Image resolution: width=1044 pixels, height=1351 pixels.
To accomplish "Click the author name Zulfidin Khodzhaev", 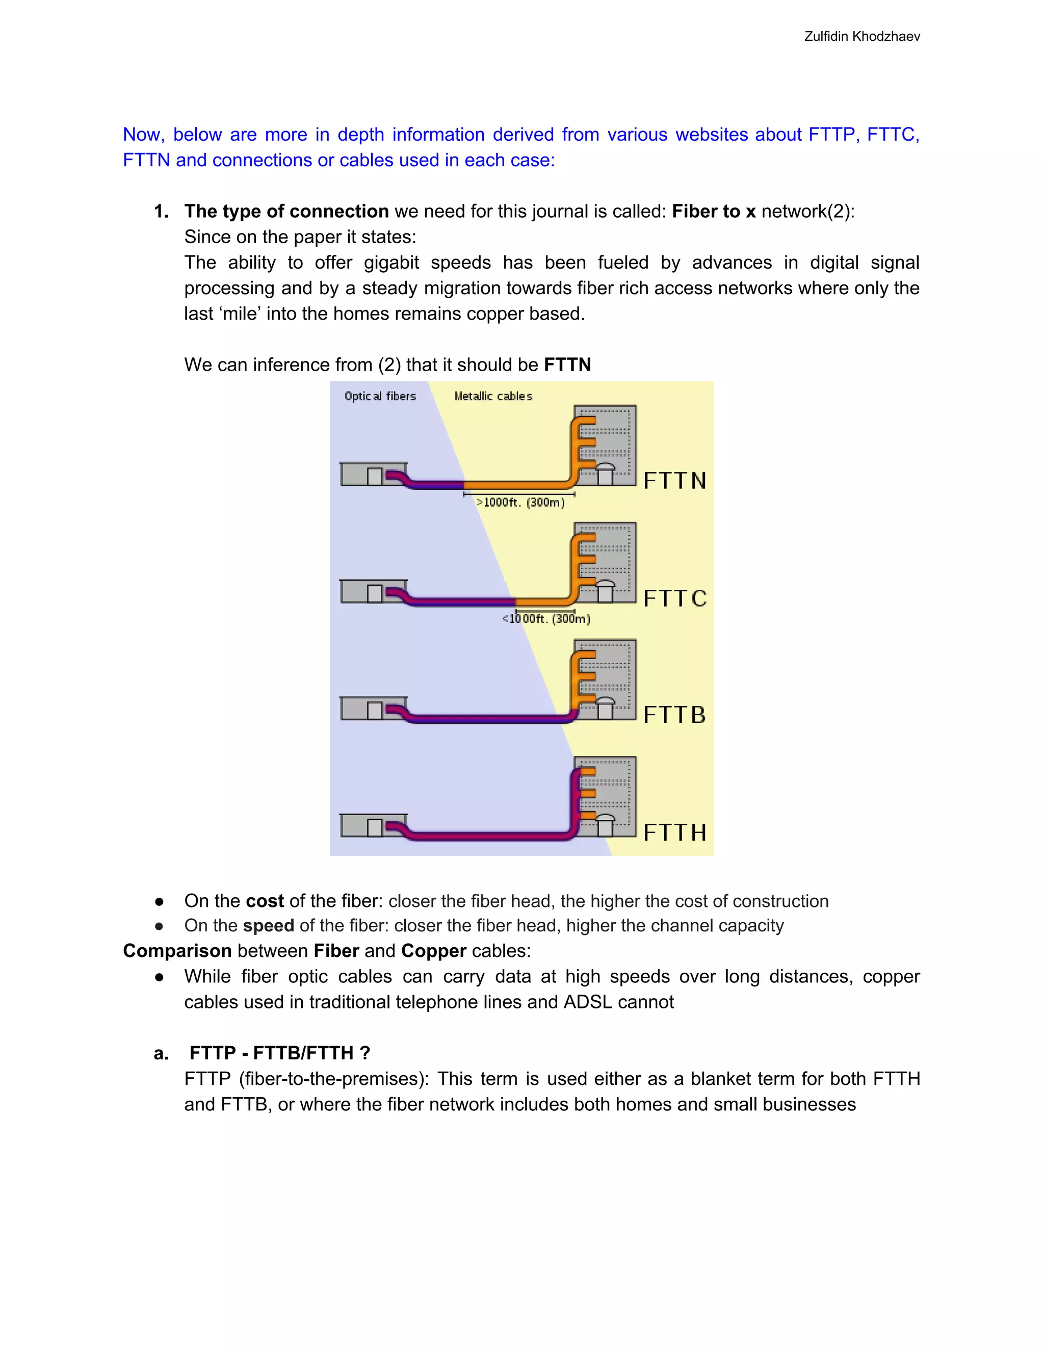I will pos(862,37).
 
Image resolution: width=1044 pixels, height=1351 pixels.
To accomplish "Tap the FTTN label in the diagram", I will pos(674,481).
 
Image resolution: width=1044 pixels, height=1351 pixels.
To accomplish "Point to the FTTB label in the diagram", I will pos(674,715).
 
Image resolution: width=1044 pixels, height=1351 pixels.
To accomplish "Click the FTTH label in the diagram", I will pos(674,833).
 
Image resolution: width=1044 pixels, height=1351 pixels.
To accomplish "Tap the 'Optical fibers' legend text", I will pos(380,396).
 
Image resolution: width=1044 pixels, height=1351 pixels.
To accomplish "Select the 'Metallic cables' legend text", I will pos(493,396).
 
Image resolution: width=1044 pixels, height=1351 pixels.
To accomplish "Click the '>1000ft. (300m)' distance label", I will pos(520,502).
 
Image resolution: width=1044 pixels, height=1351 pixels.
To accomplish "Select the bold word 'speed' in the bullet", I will pos(269,926).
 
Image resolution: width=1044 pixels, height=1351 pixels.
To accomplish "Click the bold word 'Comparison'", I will pos(177,951).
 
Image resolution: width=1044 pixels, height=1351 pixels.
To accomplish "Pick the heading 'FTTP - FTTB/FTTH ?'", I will pos(279,1053).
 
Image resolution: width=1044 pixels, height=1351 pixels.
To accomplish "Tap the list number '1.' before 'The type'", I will pos(162,212).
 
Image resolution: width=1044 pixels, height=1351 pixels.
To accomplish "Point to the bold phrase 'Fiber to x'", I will pos(714,212).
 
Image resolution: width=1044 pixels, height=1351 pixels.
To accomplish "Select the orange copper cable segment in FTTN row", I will pos(516,484).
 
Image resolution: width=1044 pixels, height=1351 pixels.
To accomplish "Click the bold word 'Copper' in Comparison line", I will pos(434,951).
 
